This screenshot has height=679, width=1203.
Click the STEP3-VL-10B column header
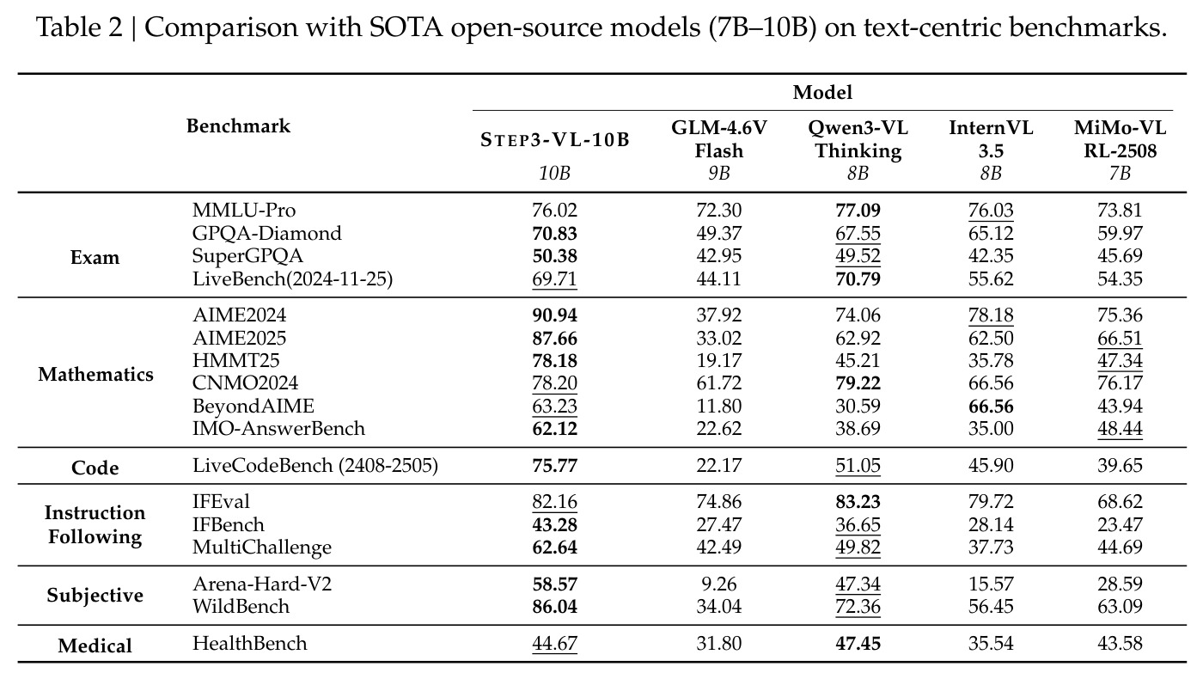pos(554,140)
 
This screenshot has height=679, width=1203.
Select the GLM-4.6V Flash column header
pos(719,139)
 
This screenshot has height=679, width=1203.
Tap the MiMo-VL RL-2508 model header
pos(1120,139)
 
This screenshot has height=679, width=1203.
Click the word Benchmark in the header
pos(239,126)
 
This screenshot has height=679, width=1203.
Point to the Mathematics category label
pos(95,375)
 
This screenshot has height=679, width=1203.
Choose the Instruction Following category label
pos(95,525)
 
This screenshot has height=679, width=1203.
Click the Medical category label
pos(95,645)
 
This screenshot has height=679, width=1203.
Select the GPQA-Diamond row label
pos(267,233)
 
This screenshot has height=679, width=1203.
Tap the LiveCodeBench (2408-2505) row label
pos(315,465)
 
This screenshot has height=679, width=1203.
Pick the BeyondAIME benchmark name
pos(253,406)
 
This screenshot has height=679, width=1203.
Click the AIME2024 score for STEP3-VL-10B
pos(555,315)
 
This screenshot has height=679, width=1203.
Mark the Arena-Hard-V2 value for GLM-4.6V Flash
pos(719,584)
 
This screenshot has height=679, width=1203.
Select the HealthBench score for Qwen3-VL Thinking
pos(858,644)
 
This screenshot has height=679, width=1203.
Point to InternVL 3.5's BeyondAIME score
pos(991,406)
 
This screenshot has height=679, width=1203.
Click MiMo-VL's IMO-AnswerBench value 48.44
pos(1120,429)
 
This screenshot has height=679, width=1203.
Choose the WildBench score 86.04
pos(555,607)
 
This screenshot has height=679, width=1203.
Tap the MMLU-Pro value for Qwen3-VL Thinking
pos(858,210)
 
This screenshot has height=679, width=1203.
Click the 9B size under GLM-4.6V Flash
pos(719,174)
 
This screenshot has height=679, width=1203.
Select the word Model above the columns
pos(822,93)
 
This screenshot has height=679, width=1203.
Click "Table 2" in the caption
pos(79,27)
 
